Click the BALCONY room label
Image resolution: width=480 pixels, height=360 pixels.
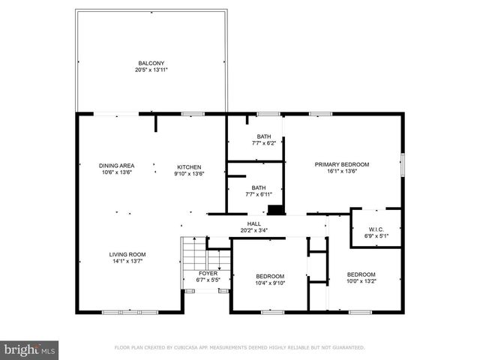[151, 63]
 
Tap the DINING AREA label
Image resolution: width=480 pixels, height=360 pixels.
[116, 166]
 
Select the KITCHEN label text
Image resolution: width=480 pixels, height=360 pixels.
[189, 166]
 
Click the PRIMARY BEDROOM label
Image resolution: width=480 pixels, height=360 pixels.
[341, 164]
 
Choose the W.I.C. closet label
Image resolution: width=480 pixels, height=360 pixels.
[376, 229]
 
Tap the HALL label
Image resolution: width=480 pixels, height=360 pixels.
[254, 224]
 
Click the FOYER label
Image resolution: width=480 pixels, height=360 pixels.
[208, 274]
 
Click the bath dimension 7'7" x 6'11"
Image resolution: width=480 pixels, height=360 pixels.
[258, 194]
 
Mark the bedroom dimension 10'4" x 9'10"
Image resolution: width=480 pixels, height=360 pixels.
[268, 283]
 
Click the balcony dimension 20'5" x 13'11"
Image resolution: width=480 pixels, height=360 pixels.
[151, 70]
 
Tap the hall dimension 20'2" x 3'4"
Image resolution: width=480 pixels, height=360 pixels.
[254, 230]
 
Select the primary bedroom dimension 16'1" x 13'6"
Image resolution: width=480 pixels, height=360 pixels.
[341, 171]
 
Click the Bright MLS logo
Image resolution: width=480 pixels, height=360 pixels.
[29, 349]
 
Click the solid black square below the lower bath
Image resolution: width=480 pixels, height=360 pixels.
[275, 210]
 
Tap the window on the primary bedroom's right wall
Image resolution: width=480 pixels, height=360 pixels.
[403, 163]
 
